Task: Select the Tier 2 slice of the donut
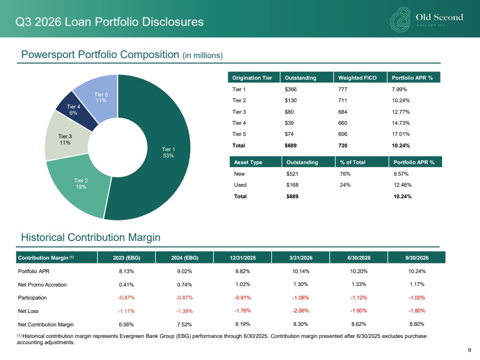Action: coord(80,187)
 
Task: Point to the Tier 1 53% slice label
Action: coord(168,152)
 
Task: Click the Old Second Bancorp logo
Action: coord(427,20)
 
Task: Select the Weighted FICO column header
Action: coord(357,78)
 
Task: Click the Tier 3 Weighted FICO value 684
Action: coord(343,112)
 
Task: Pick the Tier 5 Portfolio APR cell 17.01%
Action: coord(401,134)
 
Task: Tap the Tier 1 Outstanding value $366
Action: coord(291,89)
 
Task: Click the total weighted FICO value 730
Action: coord(343,145)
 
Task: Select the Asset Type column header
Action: coord(248,162)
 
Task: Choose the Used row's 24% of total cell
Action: coord(345,185)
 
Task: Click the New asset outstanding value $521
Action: coord(292,174)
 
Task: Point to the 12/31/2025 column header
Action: coord(243,258)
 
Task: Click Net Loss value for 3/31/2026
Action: coord(301,311)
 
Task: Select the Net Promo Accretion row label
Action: coord(42,285)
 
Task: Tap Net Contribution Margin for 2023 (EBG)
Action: coord(126,324)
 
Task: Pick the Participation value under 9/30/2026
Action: coord(417,298)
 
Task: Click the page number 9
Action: coord(469,350)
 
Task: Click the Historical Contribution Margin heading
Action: coord(91,237)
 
